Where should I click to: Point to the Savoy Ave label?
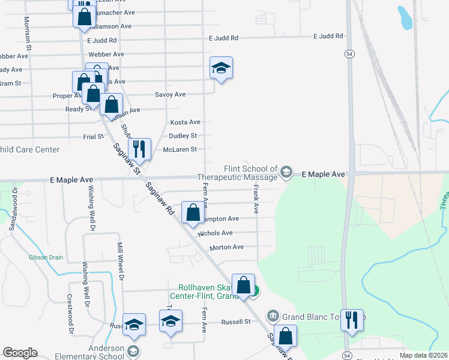point(170,95)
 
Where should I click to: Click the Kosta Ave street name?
point(185,122)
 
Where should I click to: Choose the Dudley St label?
point(182,136)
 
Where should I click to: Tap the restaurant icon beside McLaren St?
point(139,149)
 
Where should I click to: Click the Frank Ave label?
point(256,200)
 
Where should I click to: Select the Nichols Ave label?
point(214,233)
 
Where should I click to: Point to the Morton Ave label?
point(226,247)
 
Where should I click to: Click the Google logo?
point(20,353)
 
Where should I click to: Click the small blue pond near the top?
point(405,17)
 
